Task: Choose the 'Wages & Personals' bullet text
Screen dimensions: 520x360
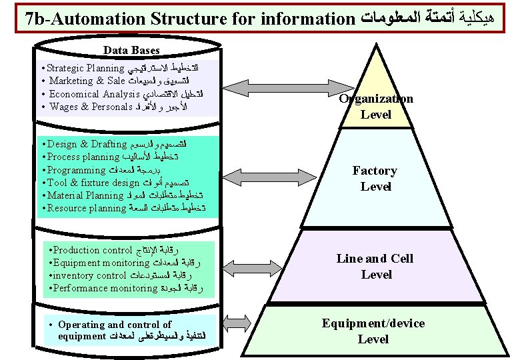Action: [89, 107]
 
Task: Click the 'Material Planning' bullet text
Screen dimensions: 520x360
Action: [85, 195]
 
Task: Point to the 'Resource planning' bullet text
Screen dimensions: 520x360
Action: [87, 208]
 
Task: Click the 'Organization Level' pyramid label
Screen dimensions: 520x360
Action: [376, 107]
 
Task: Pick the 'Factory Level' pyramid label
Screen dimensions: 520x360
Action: [375, 179]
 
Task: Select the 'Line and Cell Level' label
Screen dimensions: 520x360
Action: [375, 266]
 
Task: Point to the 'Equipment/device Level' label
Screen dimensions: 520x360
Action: [373, 331]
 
